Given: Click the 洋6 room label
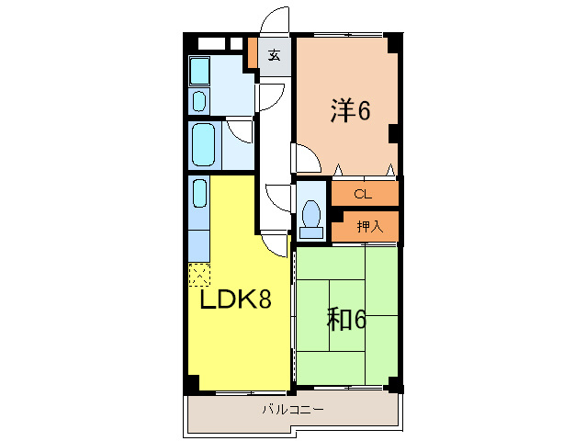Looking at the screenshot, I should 349,111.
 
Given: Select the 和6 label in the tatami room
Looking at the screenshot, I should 347,319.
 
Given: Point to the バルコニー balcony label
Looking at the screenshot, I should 292,410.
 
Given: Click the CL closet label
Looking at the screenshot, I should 363,194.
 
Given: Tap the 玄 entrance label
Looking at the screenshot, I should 274,54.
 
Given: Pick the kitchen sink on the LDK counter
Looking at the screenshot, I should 199,197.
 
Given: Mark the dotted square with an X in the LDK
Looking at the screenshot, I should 199,273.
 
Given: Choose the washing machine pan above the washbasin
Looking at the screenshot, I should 199,71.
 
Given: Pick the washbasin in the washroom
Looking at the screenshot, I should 199,99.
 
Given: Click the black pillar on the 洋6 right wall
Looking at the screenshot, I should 394,133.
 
